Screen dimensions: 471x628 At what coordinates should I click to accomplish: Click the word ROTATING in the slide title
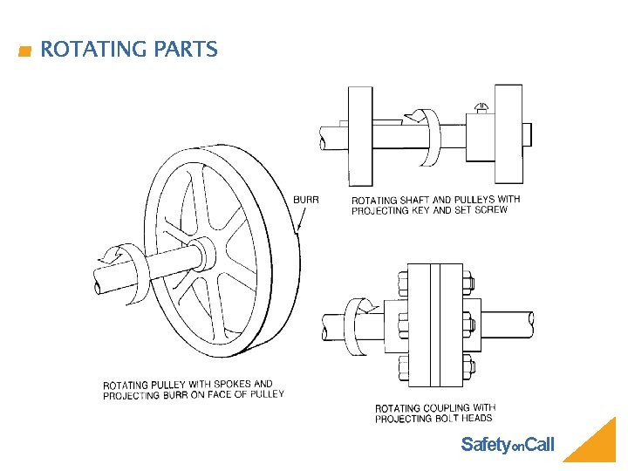tap(93, 50)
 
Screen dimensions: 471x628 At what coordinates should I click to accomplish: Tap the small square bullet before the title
tap(24, 51)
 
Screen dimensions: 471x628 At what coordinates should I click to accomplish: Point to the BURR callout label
tap(305, 200)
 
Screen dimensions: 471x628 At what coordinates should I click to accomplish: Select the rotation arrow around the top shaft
tap(427, 135)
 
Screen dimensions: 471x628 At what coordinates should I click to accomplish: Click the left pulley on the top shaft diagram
tap(360, 135)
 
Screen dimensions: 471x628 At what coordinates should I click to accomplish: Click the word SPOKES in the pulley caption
tap(229, 384)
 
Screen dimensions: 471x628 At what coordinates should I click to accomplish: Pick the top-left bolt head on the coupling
tap(403, 282)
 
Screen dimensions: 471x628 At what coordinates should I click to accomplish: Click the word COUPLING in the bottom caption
tap(447, 408)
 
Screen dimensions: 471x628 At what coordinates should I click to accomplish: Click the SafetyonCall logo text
tap(507, 445)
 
